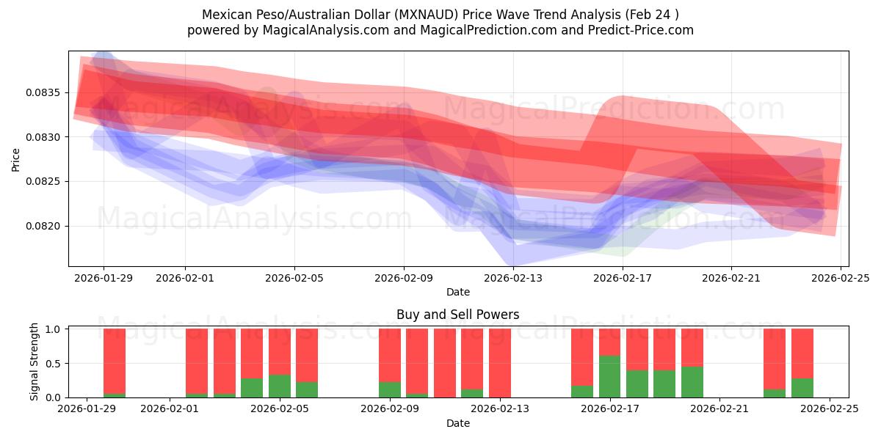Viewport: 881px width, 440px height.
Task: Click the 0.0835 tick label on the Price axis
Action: (46, 92)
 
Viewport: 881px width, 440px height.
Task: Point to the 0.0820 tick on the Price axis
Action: (46, 226)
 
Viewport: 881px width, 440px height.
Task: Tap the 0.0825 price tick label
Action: (46, 181)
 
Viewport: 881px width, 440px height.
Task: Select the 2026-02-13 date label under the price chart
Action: (513, 278)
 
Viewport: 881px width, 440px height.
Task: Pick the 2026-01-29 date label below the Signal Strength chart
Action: (87, 409)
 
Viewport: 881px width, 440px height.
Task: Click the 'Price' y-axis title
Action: (16, 158)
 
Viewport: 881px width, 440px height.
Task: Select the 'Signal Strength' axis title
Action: (35, 362)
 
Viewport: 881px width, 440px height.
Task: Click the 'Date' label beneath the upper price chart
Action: (458, 292)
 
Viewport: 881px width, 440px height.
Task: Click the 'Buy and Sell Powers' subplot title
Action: (458, 315)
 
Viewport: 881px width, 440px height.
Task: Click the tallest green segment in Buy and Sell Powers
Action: (610, 377)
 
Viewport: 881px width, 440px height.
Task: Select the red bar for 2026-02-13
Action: (500, 362)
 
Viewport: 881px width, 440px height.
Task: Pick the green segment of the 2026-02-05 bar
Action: (280, 386)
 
